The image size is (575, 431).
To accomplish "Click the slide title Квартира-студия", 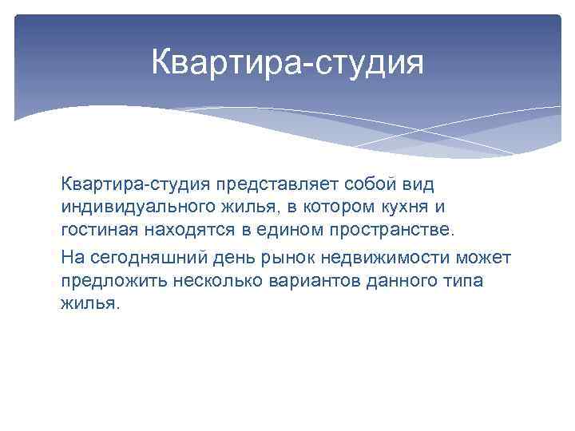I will click(x=287, y=62).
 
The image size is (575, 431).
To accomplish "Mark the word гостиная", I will click(x=99, y=231).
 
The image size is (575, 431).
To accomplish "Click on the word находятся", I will click(x=185, y=231).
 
